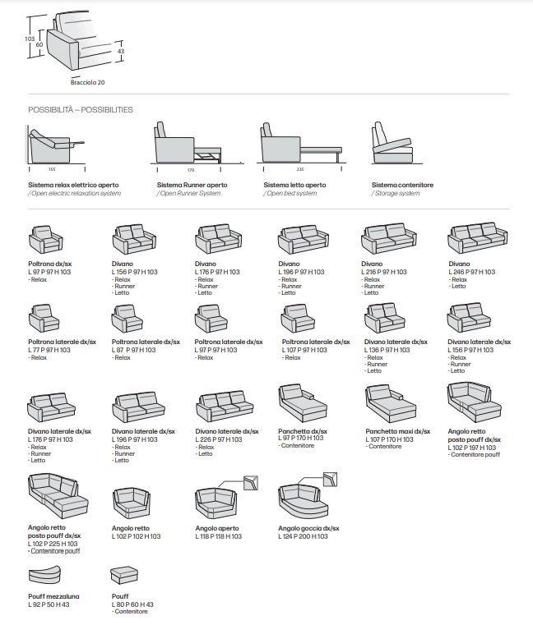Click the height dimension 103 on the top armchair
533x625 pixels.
pos(30,39)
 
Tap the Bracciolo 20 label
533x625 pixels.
pos(88,82)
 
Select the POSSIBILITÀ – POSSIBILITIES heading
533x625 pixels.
pos(81,109)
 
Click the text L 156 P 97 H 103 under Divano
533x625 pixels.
pos(135,272)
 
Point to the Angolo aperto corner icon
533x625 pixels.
pos(216,500)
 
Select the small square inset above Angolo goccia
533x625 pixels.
pos(331,479)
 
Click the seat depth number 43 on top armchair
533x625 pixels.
pos(120,51)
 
